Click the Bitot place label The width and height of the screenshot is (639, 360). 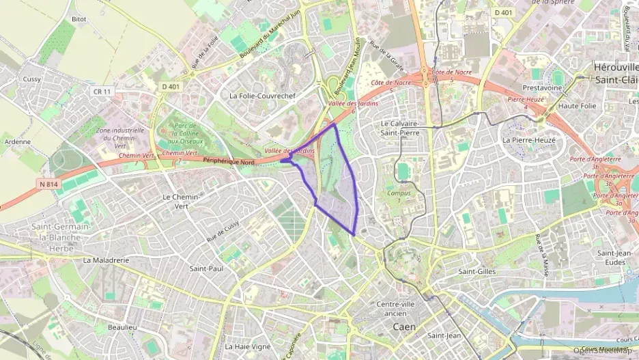(79, 19)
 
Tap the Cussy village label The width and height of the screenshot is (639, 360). (32, 79)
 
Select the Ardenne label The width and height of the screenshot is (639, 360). (18, 141)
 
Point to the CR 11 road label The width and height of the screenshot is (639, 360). (102, 91)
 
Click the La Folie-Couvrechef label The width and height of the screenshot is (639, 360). (263, 96)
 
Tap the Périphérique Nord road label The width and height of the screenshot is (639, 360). (228, 161)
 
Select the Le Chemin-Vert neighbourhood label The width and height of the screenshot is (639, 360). (180, 201)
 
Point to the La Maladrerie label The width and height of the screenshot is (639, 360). (106, 260)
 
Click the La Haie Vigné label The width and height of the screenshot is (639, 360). (247, 346)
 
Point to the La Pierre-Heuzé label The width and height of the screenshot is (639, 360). (529, 139)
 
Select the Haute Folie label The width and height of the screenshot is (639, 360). (578, 106)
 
